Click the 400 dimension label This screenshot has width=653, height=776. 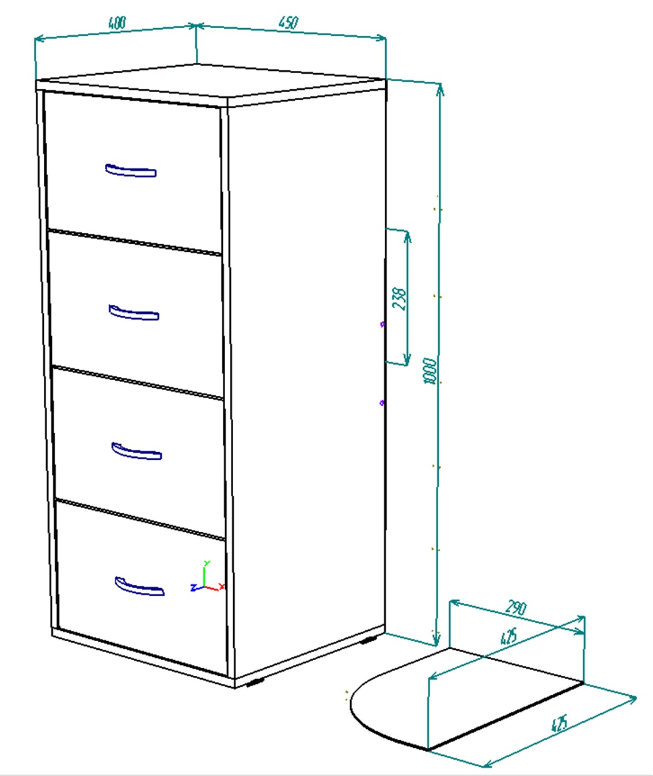pyautogui.click(x=117, y=22)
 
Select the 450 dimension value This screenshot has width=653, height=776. pyautogui.click(x=288, y=22)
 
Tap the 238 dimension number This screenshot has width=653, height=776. pyautogui.click(x=399, y=298)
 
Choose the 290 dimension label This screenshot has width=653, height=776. pyautogui.click(x=516, y=608)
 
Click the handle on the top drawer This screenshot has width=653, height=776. pyautogui.click(x=131, y=171)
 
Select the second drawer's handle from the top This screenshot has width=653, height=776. pyautogui.click(x=134, y=312)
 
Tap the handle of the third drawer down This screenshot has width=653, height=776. pyautogui.click(x=136, y=451)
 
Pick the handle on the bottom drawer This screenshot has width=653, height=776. pyautogui.click(x=140, y=586)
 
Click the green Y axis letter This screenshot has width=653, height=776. pyautogui.click(x=207, y=563)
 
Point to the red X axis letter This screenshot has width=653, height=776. pyautogui.click(x=222, y=586)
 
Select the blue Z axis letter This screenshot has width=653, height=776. pyautogui.click(x=193, y=588)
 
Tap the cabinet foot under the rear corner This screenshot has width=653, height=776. pyautogui.click(x=369, y=639)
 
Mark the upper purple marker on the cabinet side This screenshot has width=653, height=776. pyautogui.click(x=382, y=324)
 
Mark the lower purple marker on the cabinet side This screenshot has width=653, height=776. pyautogui.click(x=382, y=403)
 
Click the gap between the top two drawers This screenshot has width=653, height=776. pyautogui.click(x=135, y=242)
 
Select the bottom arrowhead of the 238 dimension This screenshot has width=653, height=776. pyautogui.click(x=407, y=359)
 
